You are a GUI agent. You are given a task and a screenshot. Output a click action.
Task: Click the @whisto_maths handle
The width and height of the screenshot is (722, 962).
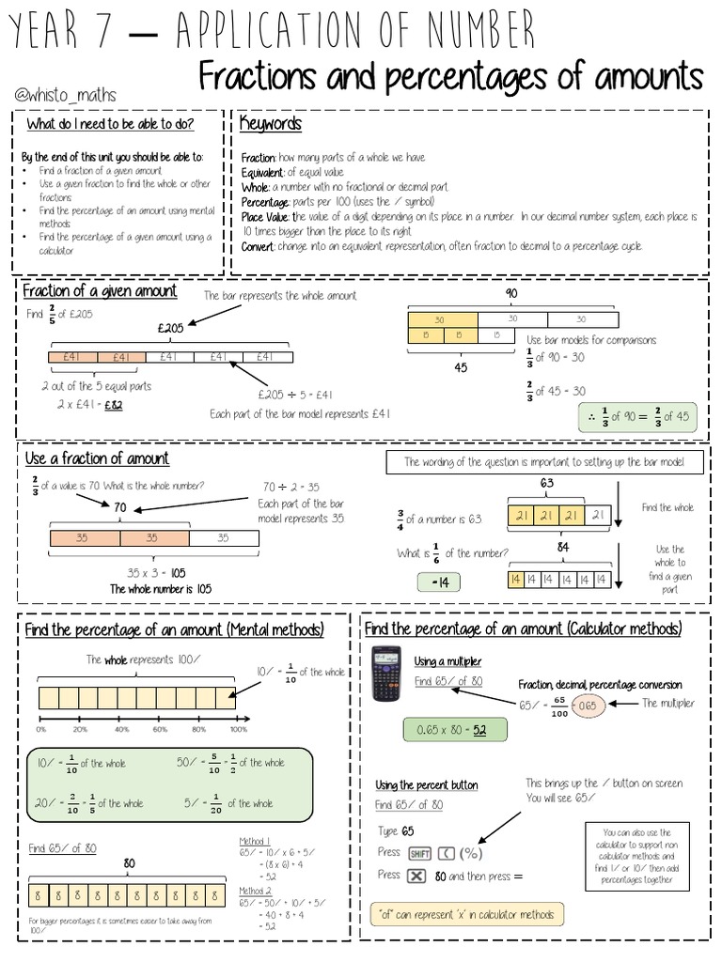pyautogui.click(x=65, y=95)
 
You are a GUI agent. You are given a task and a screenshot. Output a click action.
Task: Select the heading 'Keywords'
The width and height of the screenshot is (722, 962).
pyautogui.click(x=270, y=124)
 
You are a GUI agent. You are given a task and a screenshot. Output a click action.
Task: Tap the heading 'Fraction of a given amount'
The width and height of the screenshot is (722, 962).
pyautogui.click(x=100, y=291)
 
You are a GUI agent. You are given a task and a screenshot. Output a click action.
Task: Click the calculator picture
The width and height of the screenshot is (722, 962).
pyautogui.click(x=385, y=674)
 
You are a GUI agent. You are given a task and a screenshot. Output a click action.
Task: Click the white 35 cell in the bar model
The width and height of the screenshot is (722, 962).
pyautogui.click(x=223, y=538)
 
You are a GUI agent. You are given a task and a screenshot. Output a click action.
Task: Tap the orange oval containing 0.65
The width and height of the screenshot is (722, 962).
pyautogui.click(x=587, y=705)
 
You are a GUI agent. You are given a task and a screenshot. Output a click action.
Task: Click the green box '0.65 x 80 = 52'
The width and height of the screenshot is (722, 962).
pyautogui.click(x=454, y=730)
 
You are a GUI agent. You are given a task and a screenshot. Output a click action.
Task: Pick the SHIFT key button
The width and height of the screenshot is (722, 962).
pyautogui.click(x=419, y=854)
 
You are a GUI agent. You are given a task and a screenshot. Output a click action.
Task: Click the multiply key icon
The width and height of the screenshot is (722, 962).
pyautogui.click(x=416, y=876)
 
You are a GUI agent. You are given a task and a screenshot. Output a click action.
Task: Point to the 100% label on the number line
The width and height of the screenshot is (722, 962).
pyautogui.click(x=238, y=729)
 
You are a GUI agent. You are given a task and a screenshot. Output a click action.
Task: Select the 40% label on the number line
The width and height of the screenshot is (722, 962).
pyautogui.click(x=121, y=729)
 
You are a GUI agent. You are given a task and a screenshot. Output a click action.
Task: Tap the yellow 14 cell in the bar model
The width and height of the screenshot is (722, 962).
pyautogui.click(x=514, y=580)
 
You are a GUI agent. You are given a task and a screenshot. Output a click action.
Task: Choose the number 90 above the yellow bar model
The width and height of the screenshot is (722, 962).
pyautogui.click(x=511, y=294)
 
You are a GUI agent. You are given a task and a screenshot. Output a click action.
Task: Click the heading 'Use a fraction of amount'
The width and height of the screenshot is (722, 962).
pyautogui.click(x=97, y=458)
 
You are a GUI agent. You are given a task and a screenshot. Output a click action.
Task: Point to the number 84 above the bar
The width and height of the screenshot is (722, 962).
pyautogui.click(x=562, y=548)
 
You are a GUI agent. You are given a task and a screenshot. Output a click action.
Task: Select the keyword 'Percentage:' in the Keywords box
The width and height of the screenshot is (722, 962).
pyautogui.click(x=266, y=201)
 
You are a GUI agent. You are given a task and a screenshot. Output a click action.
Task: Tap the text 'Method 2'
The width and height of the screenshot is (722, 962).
pyautogui.click(x=255, y=891)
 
